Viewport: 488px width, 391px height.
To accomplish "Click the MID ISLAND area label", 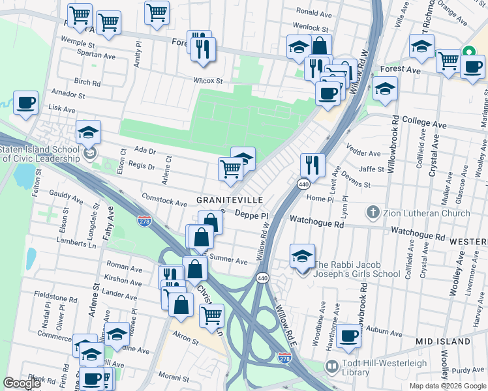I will click(443, 341).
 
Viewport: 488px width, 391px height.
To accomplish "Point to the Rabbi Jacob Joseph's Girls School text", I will click(358, 269).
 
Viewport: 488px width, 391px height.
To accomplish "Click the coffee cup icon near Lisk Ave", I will click(25, 103).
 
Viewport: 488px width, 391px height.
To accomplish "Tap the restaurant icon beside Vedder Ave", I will click(313, 166).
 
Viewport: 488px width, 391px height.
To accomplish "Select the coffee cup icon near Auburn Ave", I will click(349, 336).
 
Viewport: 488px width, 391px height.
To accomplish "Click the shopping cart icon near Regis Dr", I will click(230, 169).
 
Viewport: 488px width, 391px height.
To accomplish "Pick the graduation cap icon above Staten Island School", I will click(88, 132).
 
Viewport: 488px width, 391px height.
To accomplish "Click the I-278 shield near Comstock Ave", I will click(145, 221).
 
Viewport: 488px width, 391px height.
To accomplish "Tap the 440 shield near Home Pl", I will click(304, 185).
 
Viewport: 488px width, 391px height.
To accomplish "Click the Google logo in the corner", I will click(22, 383).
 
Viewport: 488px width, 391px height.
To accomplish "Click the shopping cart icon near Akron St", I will click(211, 315).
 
